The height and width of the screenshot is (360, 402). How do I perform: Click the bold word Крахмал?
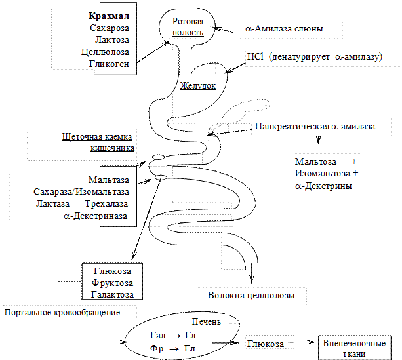[x=109, y=16]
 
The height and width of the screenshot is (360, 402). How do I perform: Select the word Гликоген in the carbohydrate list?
[x=109, y=64]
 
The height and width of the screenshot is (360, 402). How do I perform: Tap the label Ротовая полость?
[x=188, y=27]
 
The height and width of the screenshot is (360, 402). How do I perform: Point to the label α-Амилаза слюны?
[x=284, y=28]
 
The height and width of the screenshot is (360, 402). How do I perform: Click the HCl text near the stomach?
[x=255, y=56]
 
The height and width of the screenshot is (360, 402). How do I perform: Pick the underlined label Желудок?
[x=198, y=85]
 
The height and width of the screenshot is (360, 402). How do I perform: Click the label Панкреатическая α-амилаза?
[x=315, y=126]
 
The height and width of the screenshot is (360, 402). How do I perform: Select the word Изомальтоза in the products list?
[x=322, y=173]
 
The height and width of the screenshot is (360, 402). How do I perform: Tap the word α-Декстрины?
[x=323, y=186]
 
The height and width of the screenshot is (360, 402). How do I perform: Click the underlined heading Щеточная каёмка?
[x=97, y=136]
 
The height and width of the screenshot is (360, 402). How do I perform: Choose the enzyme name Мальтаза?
[x=109, y=180]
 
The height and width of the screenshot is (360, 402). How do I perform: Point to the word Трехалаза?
[x=106, y=203]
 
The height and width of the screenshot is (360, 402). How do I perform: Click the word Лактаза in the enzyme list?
[x=52, y=203]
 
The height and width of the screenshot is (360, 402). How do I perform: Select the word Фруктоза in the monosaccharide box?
[x=112, y=283]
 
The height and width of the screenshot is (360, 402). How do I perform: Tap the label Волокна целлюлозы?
[x=251, y=295]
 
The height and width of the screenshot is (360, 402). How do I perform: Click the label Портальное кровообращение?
[x=62, y=313]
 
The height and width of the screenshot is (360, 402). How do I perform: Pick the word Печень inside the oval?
[x=207, y=321]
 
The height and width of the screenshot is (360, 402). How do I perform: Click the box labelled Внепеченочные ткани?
[x=355, y=348]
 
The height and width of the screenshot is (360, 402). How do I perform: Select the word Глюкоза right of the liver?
[x=266, y=344]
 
